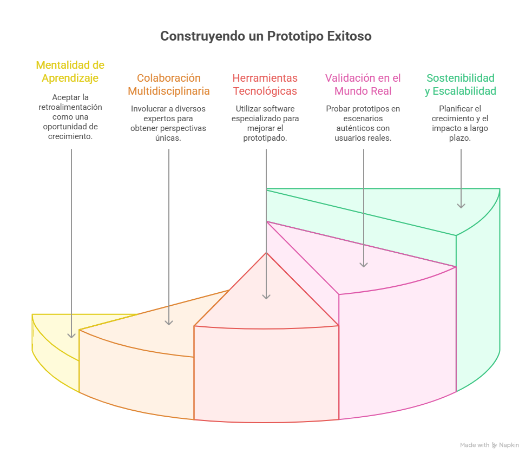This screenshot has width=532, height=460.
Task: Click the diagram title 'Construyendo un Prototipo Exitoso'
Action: tap(266, 36)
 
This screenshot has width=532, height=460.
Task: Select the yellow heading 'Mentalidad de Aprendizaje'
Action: tap(70, 71)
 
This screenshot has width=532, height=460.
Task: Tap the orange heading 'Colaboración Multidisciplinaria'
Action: tap(169, 84)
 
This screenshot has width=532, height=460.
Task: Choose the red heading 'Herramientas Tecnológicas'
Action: tap(265, 84)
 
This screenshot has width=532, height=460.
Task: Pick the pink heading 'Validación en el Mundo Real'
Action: tap(363, 84)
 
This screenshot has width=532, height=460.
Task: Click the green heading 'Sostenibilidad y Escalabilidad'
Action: tap(461, 84)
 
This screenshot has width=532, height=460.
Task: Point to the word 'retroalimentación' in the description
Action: tap(70, 107)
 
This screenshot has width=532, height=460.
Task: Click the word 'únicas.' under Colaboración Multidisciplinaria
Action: tap(168, 138)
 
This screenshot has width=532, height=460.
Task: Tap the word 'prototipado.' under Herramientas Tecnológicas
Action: tap(265, 138)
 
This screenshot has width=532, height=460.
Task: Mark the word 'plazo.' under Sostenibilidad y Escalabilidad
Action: tap(460, 138)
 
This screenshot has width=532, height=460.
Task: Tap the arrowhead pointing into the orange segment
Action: tap(169, 323)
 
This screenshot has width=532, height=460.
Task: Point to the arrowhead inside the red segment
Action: tap(266, 297)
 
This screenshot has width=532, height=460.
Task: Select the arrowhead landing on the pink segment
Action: tap(364, 265)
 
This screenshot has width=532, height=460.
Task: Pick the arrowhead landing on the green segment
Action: tap(461, 206)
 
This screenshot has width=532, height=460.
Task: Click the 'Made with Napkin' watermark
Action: tap(490, 445)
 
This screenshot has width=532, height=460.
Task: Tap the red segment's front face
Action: tap(266, 374)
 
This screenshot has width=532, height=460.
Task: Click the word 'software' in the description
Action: tap(280, 109)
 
